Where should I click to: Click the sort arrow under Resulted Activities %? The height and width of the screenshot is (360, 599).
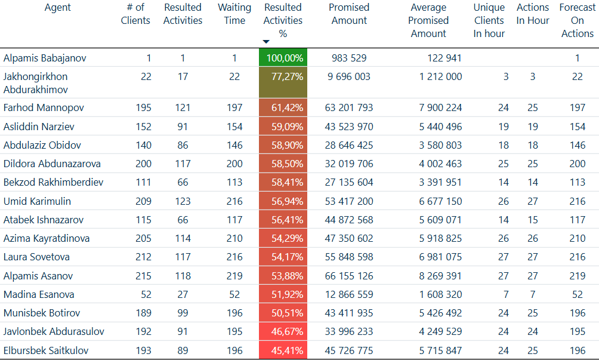[266, 42]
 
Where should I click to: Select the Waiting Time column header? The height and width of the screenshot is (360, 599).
[234, 14]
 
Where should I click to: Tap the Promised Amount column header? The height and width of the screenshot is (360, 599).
[349, 14]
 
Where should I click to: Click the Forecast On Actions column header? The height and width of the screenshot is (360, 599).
[577, 21]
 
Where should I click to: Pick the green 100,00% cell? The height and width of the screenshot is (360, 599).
[283, 59]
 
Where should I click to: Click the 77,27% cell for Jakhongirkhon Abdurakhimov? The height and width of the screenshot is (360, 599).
[283, 77]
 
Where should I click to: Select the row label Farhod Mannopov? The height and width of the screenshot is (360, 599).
[44, 108]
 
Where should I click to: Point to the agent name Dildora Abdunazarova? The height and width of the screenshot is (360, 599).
[52, 164]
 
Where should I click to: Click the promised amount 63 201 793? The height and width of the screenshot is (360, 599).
[349, 108]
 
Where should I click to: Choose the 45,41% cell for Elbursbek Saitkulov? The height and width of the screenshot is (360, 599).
[283, 350]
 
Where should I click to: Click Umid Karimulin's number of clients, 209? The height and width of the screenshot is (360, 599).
[143, 201]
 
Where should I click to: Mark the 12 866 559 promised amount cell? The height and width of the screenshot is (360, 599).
[349, 294]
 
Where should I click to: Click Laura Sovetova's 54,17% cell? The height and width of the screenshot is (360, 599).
[283, 257]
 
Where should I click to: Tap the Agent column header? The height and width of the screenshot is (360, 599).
[58, 8]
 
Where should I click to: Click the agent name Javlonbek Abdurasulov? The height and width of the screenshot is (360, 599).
[54, 331]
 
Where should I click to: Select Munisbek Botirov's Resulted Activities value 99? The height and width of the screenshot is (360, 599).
[183, 313]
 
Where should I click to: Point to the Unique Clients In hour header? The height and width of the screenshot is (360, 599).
[489, 21]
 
